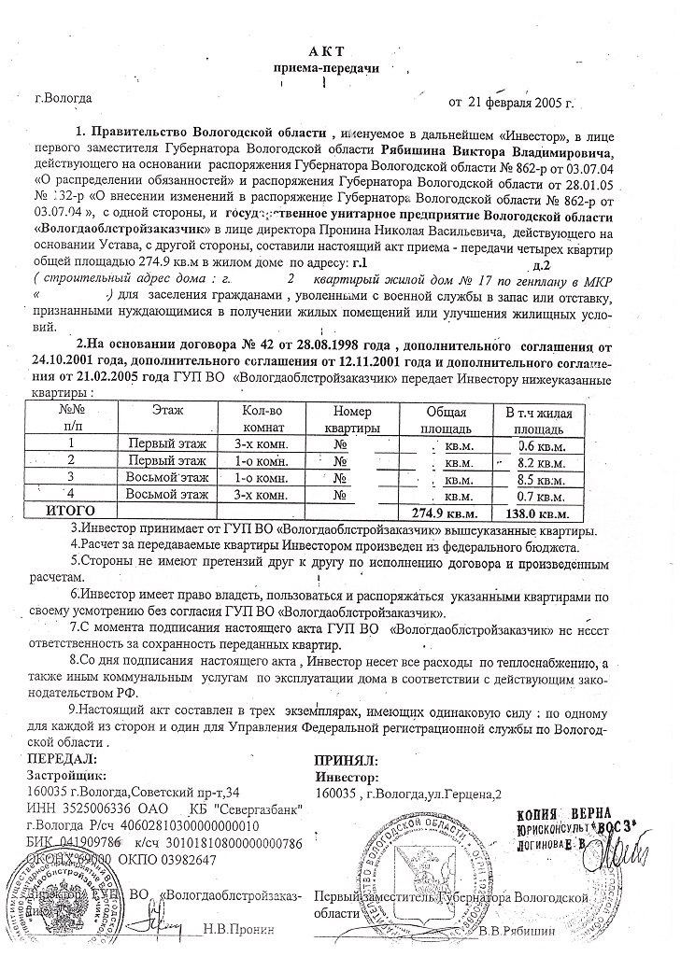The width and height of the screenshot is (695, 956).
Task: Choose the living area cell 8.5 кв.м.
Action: pyautogui.click(x=544, y=478)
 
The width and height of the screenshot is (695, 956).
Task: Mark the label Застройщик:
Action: pyautogui.click(x=69, y=777)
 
